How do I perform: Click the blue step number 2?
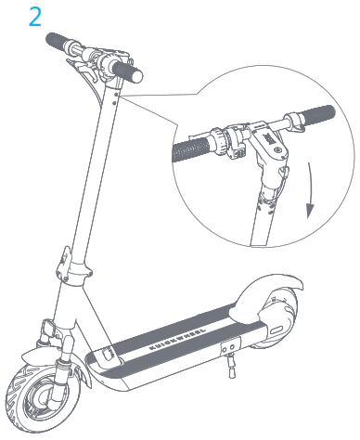coord(35,19)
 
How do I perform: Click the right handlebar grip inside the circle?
coord(314,116)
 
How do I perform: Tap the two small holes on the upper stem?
coord(116,90)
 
